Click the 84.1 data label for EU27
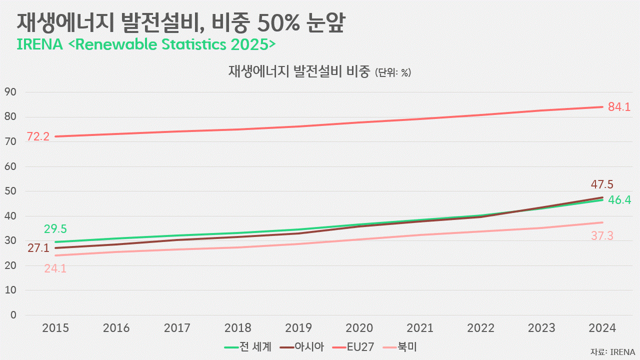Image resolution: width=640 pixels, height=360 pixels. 619,106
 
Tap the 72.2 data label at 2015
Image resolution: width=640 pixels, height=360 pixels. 38,136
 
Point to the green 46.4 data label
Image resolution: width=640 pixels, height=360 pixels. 619,200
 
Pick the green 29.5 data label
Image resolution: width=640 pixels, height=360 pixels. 55,229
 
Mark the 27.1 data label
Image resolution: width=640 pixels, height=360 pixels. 38,247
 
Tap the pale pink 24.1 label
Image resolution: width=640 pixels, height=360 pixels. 55,268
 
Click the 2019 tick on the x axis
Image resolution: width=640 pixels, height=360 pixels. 298,328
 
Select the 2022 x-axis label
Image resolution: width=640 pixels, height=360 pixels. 480,328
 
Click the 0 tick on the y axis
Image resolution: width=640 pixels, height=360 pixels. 13,315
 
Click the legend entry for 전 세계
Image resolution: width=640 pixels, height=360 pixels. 248,346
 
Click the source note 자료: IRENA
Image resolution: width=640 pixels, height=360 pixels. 612,351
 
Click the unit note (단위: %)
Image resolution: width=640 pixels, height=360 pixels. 392,72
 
